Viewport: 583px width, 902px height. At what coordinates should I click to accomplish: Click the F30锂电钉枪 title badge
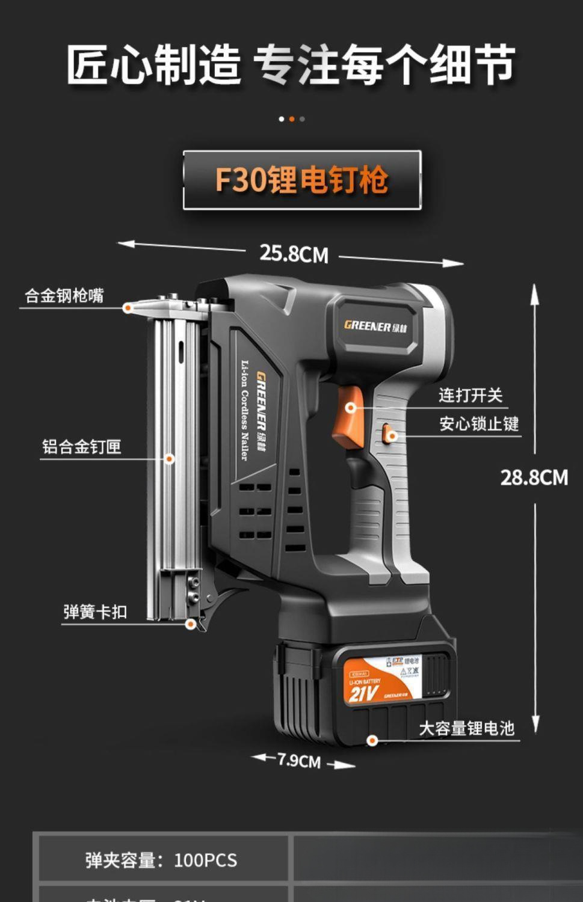[302, 180]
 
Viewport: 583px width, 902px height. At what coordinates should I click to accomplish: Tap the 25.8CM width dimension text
[294, 254]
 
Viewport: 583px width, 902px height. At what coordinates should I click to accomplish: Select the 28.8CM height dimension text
[534, 477]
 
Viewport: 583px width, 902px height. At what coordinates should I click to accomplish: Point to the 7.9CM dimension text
[299, 761]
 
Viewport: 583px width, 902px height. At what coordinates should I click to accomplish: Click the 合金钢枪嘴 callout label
[64, 296]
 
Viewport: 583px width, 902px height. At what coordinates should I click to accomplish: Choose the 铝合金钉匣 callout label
[82, 447]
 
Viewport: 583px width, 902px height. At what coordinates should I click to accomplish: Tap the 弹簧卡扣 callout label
[95, 612]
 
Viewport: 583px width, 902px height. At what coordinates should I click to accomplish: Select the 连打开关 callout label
[470, 395]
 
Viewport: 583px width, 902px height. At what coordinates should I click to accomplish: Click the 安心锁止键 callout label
[478, 424]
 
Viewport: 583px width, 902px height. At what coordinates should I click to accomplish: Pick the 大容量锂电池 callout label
[466, 729]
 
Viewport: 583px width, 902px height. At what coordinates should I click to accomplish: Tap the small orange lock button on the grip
[389, 433]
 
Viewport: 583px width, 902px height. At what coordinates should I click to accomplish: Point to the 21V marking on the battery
[363, 695]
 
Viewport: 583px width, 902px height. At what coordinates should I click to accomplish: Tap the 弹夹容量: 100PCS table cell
[161, 860]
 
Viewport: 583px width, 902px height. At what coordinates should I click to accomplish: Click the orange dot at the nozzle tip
[128, 308]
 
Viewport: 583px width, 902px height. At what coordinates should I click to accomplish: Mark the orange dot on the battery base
[372, 740]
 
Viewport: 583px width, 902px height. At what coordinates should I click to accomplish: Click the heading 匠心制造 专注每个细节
[291, 64]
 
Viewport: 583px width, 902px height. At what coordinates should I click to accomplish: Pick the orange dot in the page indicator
[292, 119]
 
